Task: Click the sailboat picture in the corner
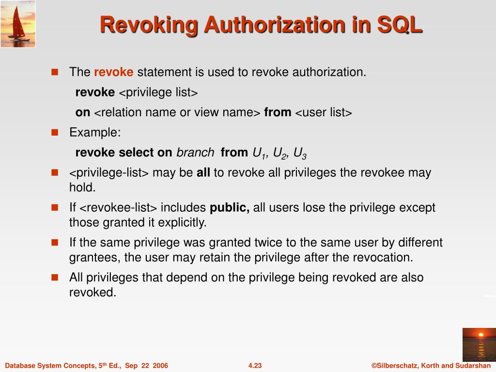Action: tap(18, 24)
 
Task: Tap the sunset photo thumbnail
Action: tap(479, 344)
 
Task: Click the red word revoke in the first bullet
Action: tap(113, 73)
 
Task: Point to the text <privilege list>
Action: tap(158, 93)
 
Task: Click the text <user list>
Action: tap(323, 113)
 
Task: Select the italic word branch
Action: tap(195, 153)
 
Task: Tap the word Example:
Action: tap(95, 133)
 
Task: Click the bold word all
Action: tap(203, 173)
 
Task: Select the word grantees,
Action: tap(95, 257)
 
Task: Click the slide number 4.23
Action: tap(255, 366)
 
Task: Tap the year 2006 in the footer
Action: tap(160, 366)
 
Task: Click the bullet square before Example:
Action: tap(55, 132)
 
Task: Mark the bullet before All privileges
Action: tap(55, 278)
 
